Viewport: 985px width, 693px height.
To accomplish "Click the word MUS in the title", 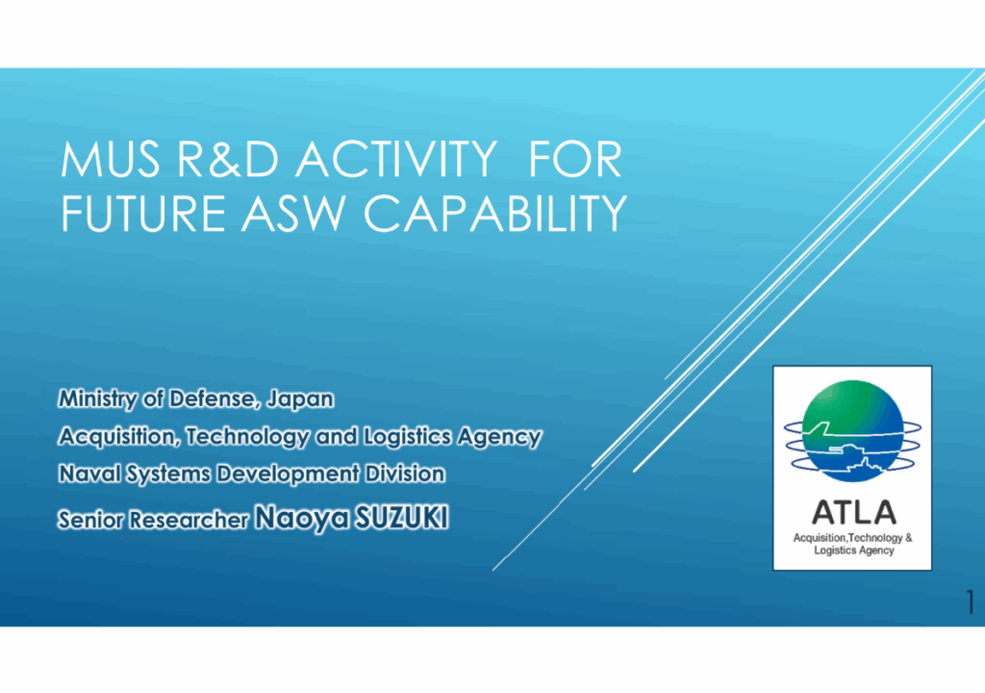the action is click(x=110, y=160).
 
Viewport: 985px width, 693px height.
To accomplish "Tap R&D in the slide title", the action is click(x=227, y=160).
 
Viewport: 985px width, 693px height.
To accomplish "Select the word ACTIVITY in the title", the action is click(x=396, y=160).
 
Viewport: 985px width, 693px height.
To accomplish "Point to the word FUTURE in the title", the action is click(x=143, y=213).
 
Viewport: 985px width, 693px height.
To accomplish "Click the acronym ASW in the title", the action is click(x=293, y=213).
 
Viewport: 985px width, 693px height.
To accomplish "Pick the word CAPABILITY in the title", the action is click(x=495, y=213).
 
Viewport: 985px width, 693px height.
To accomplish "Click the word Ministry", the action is click(x=97, y=399).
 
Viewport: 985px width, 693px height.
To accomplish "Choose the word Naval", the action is click(x=89, y=473).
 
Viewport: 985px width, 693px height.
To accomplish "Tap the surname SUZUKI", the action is click(x=402, y=518).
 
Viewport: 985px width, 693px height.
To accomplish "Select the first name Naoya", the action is click(x=302, y=519).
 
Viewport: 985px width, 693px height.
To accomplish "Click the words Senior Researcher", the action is click(x=153, y=520).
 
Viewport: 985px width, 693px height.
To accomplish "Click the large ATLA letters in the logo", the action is click(x=854, y=512).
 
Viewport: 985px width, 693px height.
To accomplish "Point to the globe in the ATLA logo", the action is click(x=852, y=431).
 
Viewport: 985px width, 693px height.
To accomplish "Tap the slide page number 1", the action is click(x=971, y=602).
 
